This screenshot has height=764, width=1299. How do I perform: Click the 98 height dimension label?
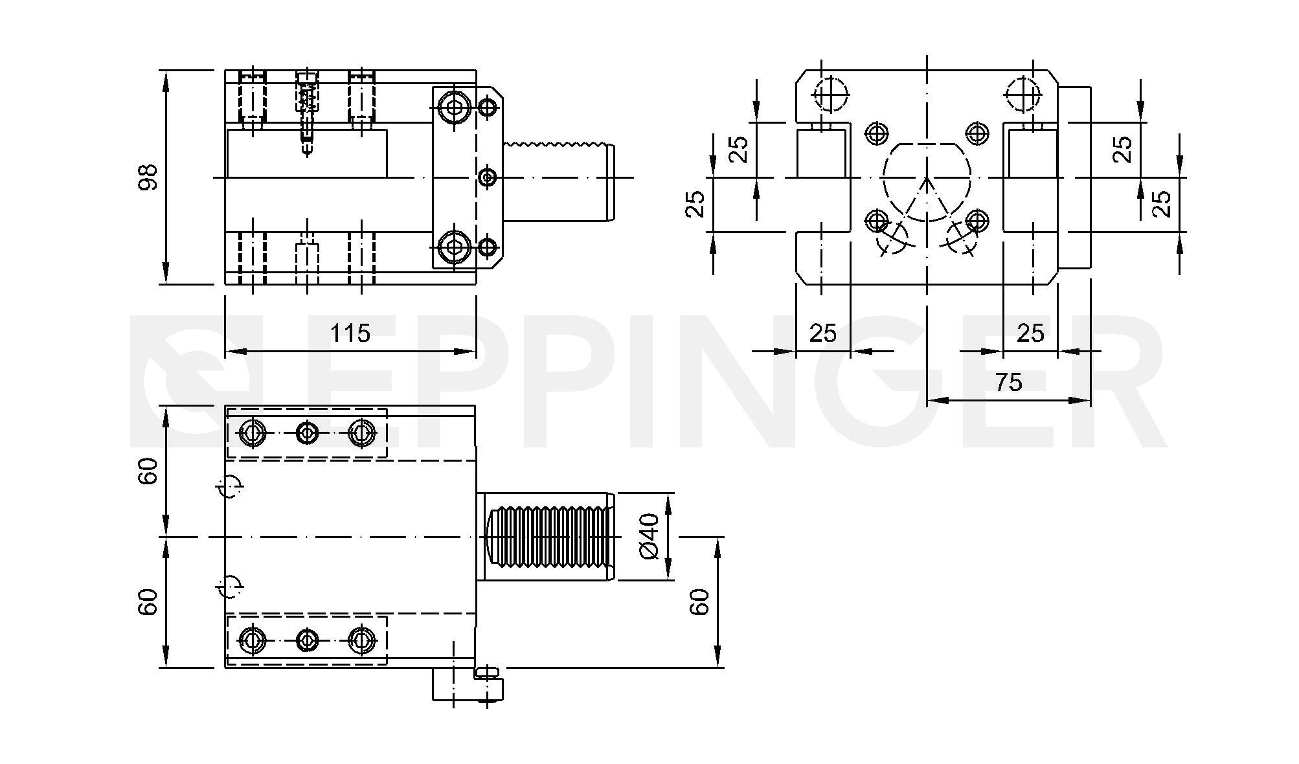tap(148, 177)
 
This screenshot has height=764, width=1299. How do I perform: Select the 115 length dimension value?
tap(350, 333)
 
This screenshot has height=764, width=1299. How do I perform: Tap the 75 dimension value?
tap(1008, 383)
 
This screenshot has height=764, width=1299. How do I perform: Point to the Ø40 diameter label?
tap(649, 536)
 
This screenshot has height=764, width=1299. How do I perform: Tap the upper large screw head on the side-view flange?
tap(454, 107)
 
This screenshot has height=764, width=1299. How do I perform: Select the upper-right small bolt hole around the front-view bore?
tap(977, 133)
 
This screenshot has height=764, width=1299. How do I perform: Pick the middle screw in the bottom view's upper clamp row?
tap(307, 433)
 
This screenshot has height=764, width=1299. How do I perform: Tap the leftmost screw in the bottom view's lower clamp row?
tap(252, 640)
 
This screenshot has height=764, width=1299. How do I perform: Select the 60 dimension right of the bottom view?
tap(701, 601)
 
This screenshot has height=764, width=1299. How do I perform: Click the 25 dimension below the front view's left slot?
tap(822, 333)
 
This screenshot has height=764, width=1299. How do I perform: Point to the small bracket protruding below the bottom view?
tap(467, 684)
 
